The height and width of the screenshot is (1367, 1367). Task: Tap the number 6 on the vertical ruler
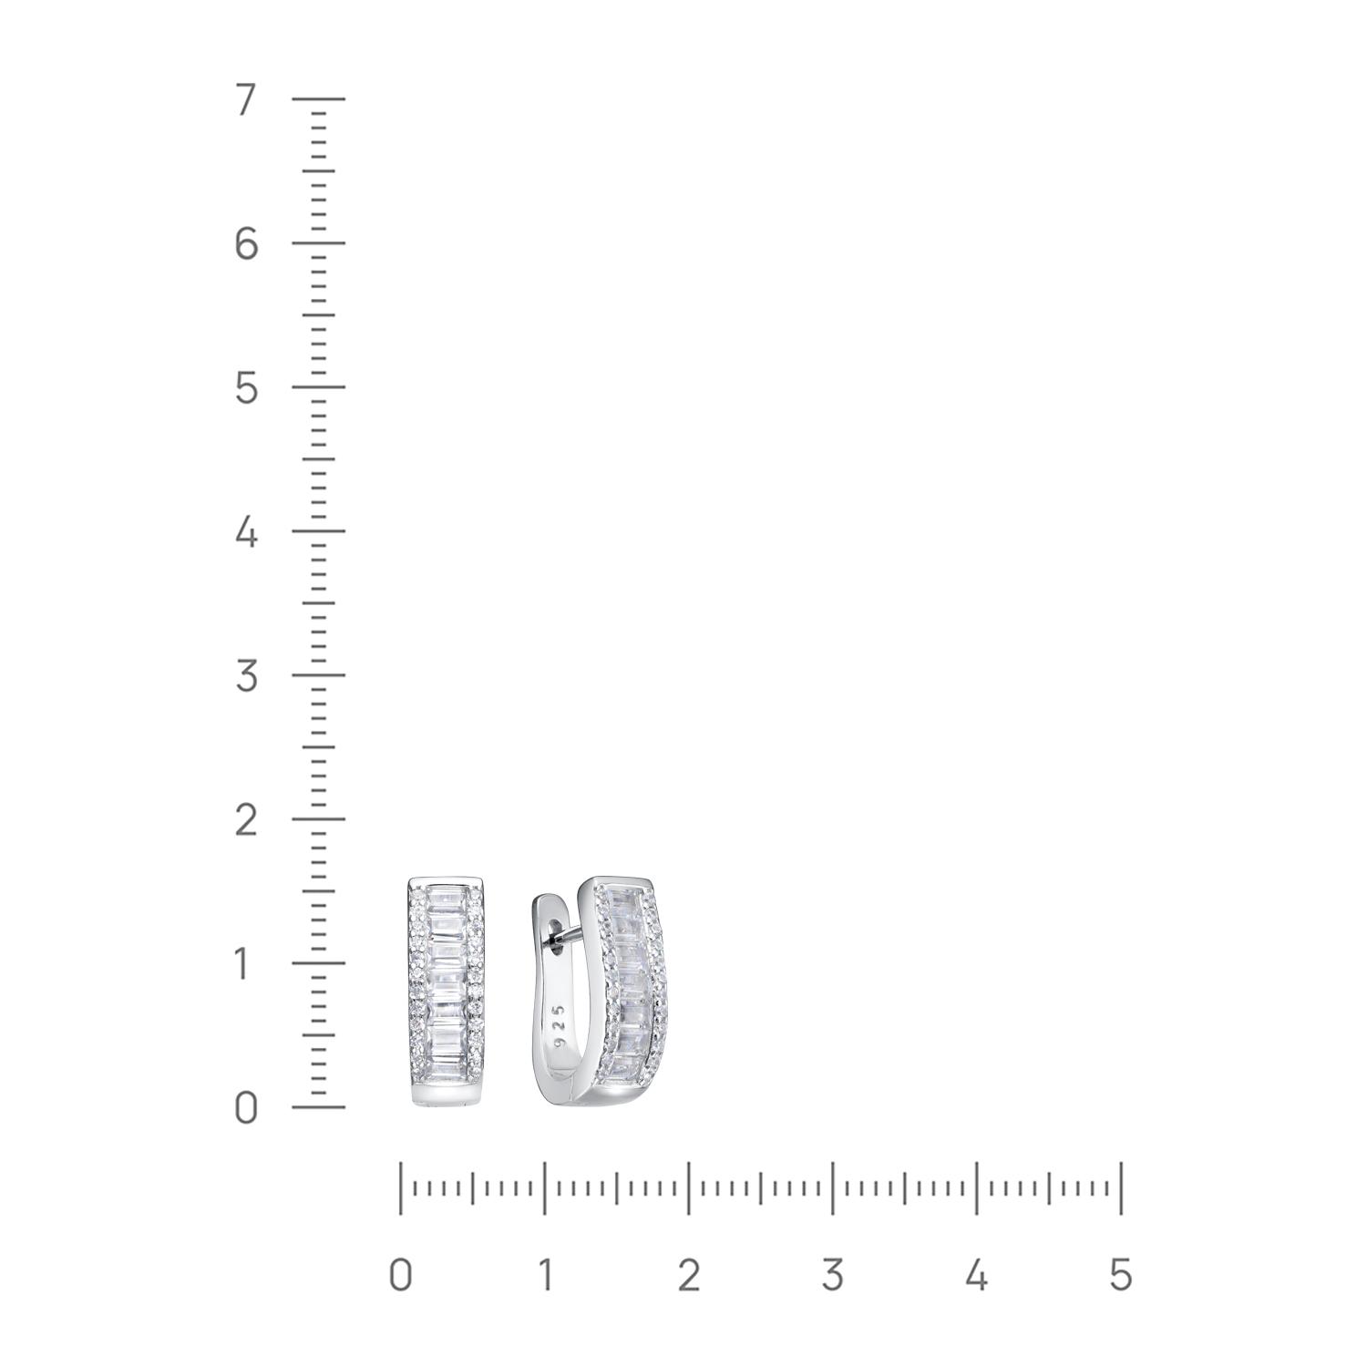pos(246,243)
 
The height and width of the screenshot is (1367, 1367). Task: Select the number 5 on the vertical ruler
pos(246,388)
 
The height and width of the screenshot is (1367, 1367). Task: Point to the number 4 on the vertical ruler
pos(246,532)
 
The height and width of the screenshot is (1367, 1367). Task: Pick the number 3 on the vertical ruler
pos(246,676)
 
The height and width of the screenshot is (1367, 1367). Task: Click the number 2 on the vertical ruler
pos(246,820)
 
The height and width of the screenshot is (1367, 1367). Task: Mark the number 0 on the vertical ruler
pos(246,1108)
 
